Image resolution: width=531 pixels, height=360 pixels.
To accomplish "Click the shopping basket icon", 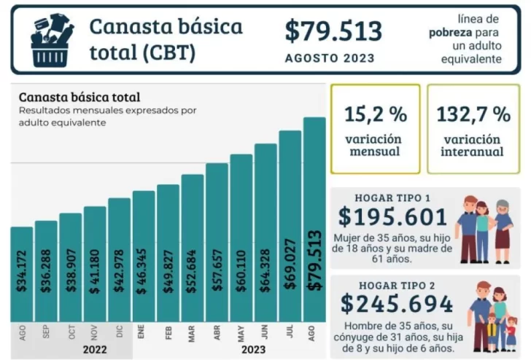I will point(52,41).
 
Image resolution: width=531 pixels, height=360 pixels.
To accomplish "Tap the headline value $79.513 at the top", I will point(333,31).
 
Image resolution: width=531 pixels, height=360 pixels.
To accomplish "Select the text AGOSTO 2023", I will point(330,58).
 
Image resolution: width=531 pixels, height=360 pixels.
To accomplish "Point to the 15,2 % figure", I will point(375,114).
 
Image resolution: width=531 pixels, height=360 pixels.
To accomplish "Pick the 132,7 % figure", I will point(473,114).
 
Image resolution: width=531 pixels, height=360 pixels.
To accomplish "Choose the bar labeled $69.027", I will point(290,226).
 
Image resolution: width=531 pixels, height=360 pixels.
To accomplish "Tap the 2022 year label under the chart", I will point(96,348).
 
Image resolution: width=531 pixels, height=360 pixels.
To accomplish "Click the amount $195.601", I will point(392,216).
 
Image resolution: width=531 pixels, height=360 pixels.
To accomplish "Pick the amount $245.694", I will point(397,303).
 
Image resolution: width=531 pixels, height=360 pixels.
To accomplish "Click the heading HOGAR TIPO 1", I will point(392,197).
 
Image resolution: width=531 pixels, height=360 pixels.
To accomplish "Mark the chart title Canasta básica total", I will point(80,97).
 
